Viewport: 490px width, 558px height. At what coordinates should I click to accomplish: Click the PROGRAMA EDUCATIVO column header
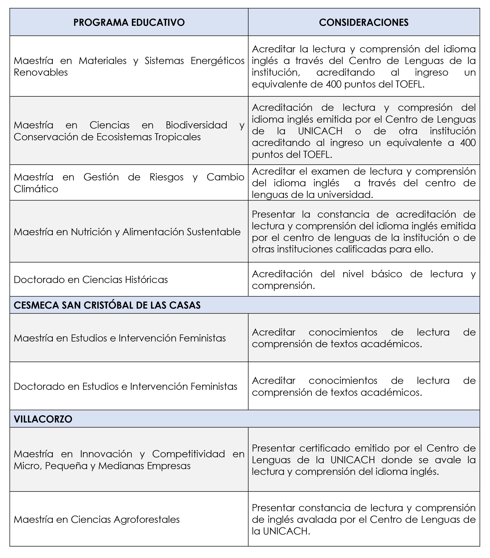[129, 22]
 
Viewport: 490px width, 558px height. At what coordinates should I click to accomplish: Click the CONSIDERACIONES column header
[364, 22]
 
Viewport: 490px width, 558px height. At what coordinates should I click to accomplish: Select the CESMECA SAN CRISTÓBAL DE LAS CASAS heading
[107, 305]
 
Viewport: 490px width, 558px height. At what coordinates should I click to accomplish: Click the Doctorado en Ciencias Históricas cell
[91, 280]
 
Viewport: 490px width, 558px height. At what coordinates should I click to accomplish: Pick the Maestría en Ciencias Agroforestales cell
[97, 519]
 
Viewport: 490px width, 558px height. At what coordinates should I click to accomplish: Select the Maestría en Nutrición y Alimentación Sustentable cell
[127, 232]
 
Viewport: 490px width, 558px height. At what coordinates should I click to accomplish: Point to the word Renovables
[41, 72]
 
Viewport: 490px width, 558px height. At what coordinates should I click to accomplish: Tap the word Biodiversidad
[196, 125]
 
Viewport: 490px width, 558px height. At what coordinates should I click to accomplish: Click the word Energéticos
[218, 61]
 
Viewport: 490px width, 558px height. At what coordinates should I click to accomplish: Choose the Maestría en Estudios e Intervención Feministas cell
[120, 338]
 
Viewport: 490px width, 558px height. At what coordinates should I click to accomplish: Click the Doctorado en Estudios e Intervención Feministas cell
[126, 386]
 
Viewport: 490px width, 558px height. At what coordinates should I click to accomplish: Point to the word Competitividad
[189, 454]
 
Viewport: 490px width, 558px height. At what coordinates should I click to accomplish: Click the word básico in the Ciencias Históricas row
[386, 274]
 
